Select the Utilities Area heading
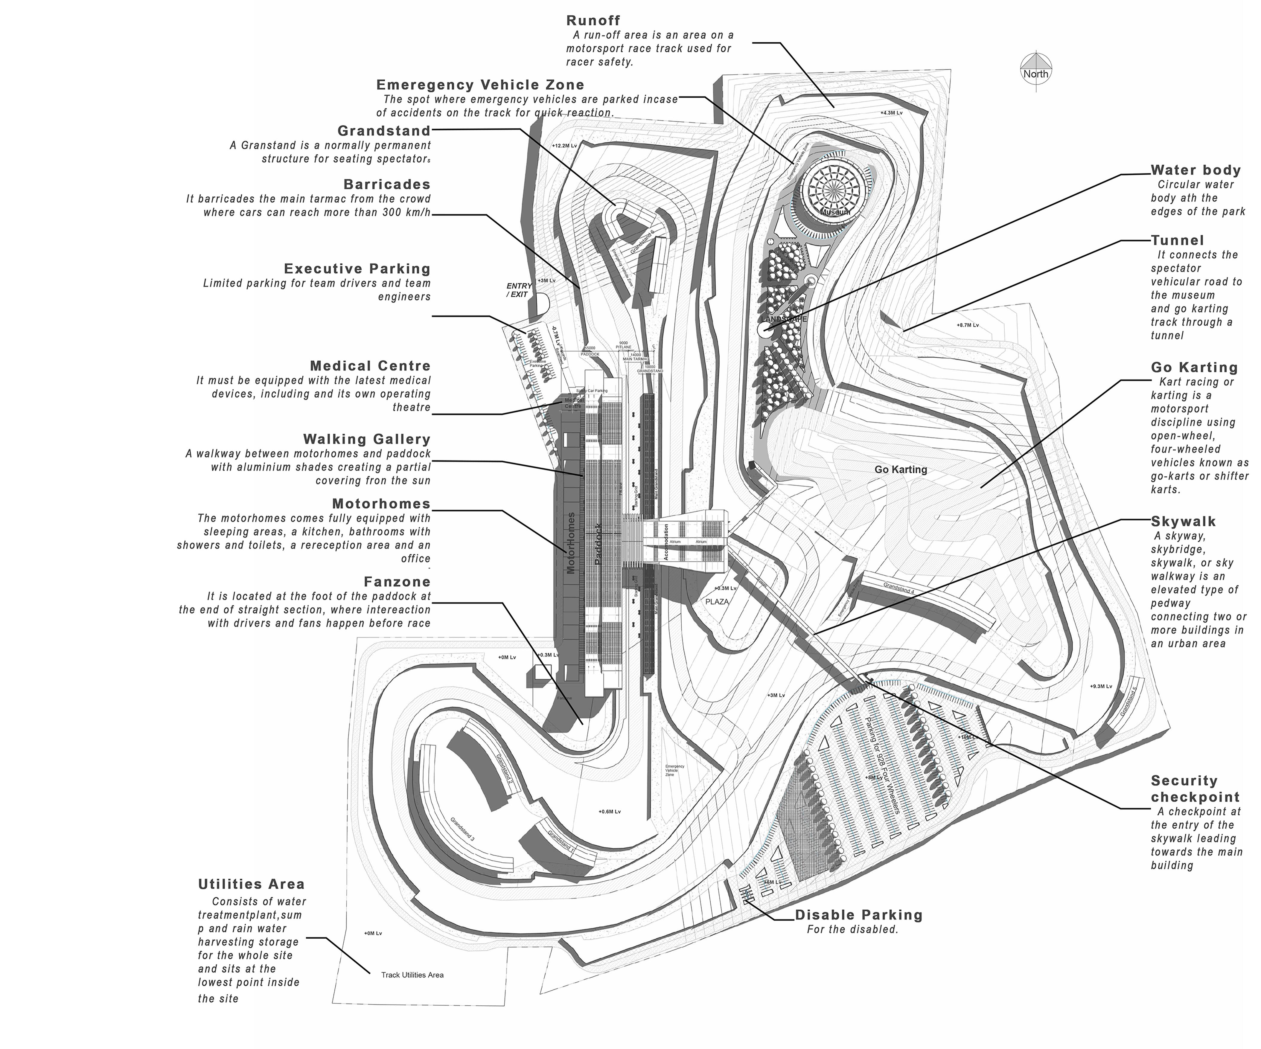point(251,884)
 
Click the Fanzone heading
point(397,582)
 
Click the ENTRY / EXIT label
point(519,290)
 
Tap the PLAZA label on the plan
point(717,601)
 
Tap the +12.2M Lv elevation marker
point(564,145)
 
